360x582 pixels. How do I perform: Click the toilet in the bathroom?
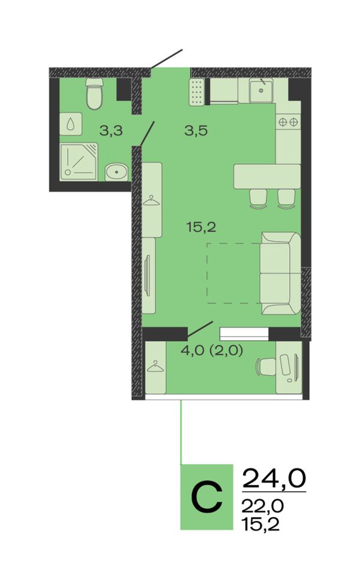(94, 93)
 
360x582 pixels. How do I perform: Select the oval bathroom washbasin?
(116, 172)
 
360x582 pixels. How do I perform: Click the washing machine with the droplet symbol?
(71, 124)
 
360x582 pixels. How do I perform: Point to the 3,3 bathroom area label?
(111, 130)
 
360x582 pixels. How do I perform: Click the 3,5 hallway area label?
(196, 130)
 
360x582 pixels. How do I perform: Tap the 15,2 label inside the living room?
(202, 226)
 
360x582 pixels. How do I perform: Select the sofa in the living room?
(281, 274)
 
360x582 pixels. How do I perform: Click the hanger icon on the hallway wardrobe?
(152, 200)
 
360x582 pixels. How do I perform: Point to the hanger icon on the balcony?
(155, 366)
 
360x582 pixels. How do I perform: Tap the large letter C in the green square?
(207, 497)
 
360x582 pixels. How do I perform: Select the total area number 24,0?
(274, 478)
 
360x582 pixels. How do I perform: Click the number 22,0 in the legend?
(263, 506)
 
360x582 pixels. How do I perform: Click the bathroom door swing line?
(146, 133)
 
